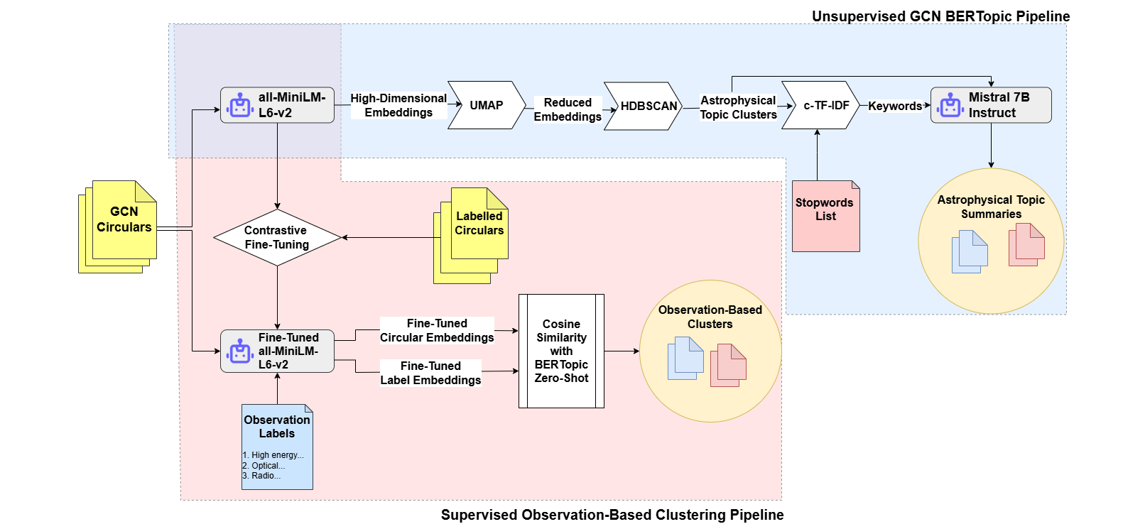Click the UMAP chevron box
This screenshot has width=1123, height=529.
tap(487, 105)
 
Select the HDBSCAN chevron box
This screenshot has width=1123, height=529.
tap(644, 106)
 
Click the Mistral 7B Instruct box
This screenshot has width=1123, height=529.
tap(992, 105)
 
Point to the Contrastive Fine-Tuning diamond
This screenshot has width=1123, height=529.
tap(277, 237)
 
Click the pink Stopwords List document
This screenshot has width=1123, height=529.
tap(825, 216)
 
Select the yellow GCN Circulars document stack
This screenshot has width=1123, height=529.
tap(119, 226)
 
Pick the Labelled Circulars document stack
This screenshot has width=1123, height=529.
tap(472, 234)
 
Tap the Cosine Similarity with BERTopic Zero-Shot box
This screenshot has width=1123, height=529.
tap(561, 351)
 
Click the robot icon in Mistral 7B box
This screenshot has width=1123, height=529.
tap(950, 105)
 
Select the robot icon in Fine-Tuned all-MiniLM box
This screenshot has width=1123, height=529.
tap(239, 351)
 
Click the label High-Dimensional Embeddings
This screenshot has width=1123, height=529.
tap(398, 105)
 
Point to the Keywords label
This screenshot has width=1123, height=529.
tap(894, 106)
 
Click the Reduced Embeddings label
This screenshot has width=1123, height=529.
tap(568, 109)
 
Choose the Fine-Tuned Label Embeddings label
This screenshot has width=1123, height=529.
tap(430, 373)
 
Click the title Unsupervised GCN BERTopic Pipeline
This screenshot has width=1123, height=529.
tap(940, 16)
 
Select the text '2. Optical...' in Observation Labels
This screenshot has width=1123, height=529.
tap(264, 466)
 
